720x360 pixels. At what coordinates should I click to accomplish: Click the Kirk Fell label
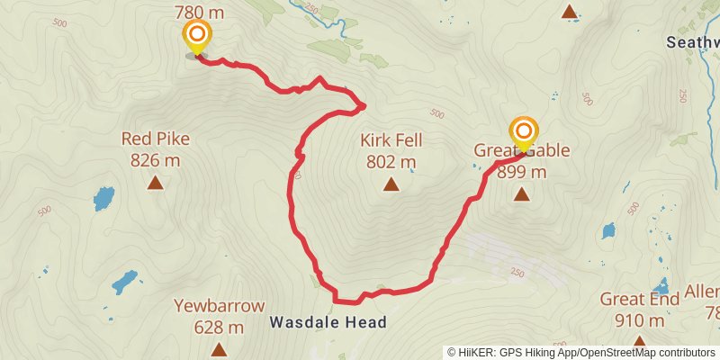391,140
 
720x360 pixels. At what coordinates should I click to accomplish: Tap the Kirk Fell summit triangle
391,185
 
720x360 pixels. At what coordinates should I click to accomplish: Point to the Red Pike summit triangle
156,184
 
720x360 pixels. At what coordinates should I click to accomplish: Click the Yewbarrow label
218,304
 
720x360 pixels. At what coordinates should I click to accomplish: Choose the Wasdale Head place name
328,322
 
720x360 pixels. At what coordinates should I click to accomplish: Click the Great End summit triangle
639,343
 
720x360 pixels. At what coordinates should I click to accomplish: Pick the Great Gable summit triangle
521,193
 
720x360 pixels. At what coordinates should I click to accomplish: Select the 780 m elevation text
197,13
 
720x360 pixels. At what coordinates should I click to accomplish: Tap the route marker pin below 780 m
197,37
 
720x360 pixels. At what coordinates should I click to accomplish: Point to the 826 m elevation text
156,161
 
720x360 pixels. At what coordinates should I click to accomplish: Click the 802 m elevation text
391,163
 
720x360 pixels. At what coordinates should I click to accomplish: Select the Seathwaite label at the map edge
692,42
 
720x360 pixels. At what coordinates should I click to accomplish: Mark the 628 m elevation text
218,327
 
